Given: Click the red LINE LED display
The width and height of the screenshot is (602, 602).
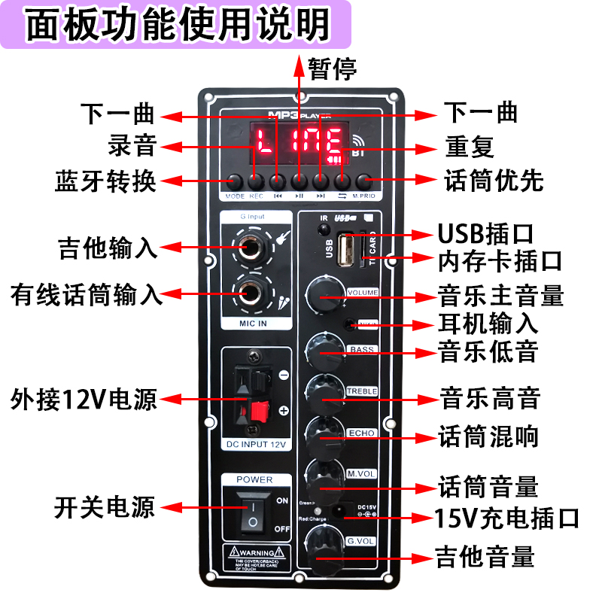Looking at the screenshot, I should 298,143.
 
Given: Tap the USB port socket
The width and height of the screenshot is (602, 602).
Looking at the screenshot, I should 348,250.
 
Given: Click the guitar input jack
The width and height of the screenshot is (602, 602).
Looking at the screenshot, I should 254,245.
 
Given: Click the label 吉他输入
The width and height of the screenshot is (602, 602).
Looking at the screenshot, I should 108,248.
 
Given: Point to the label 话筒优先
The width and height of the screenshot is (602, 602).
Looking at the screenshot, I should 494,181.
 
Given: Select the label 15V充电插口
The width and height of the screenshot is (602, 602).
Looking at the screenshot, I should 506,518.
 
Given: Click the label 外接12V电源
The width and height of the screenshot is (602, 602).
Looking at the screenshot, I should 84,398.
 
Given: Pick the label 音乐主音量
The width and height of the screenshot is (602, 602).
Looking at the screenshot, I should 500,295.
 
